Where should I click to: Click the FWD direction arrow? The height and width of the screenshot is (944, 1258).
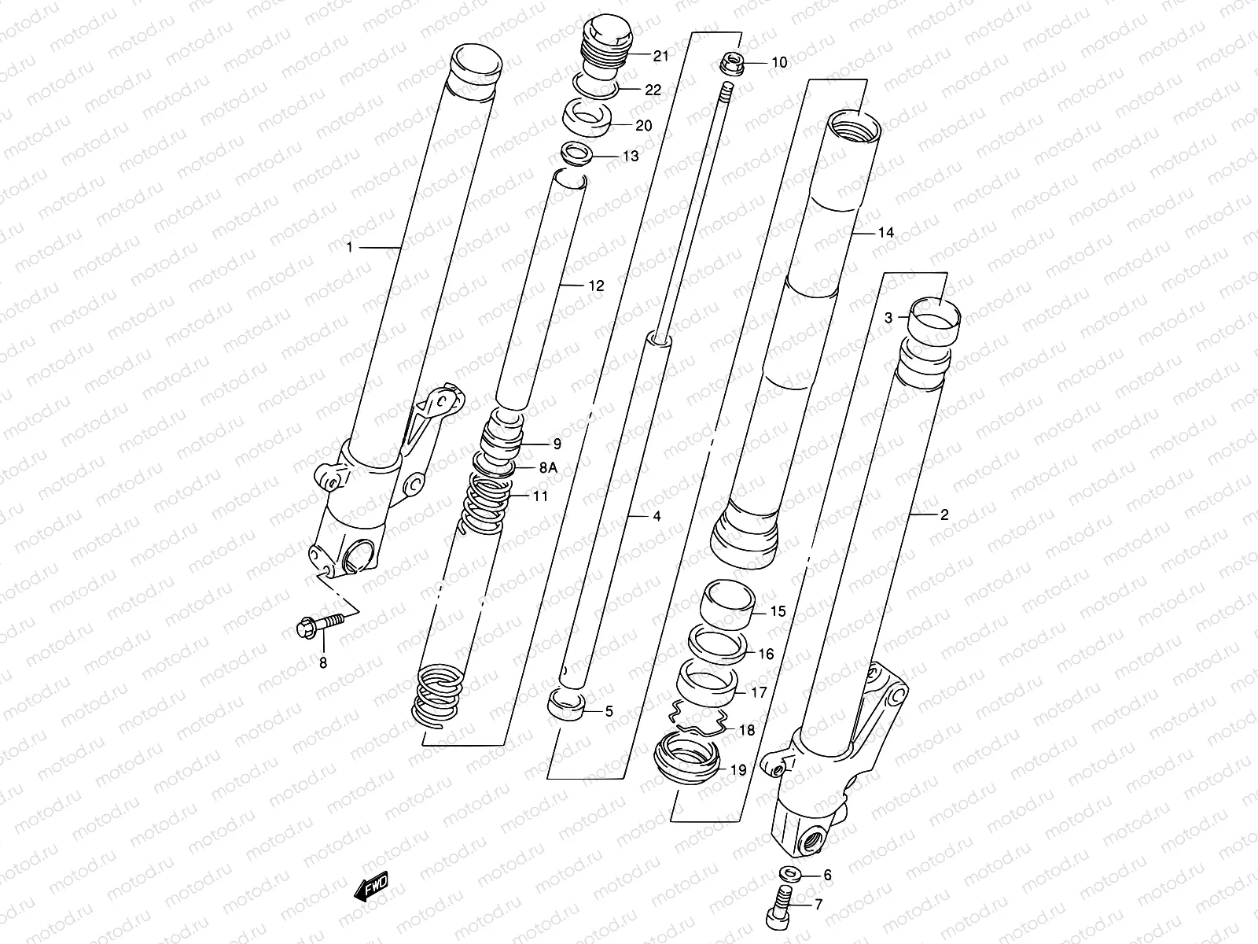coord(372,888)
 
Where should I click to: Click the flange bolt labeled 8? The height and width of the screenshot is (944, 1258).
coord(320,625)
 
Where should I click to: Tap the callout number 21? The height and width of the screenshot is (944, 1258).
coord(660,55)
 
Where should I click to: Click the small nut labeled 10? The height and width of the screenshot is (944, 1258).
coord(732,63)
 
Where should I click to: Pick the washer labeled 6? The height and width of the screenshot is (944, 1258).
coord(788,875)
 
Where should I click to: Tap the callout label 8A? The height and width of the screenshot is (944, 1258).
coord(548,467)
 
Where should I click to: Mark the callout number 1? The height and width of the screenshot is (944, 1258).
coord(349,248)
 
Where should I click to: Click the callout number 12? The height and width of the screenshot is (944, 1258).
coord(596,286)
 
